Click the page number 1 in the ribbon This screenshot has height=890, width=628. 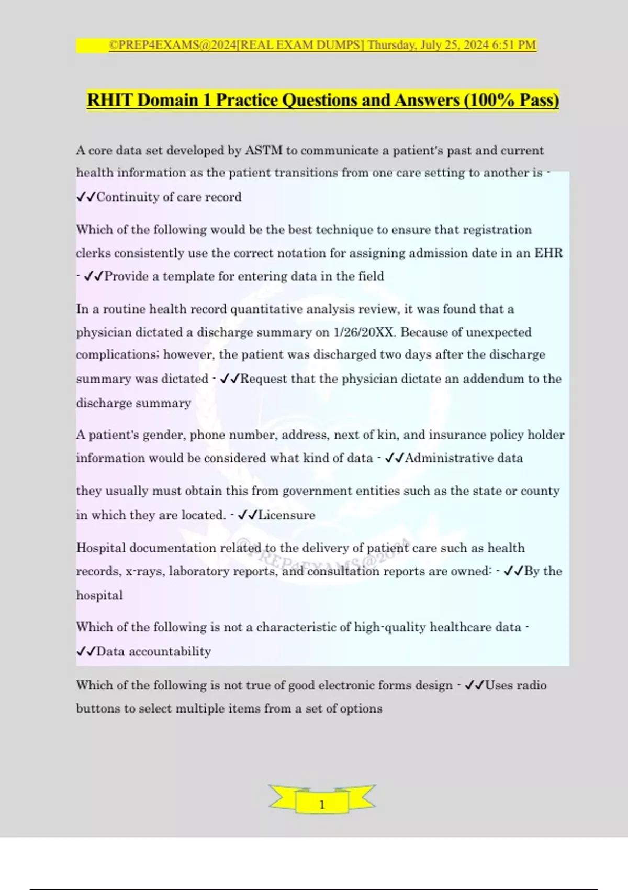click(x=322, y=805)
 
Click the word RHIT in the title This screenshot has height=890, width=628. click(x=110, y=100)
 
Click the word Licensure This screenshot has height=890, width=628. click(x=287, y=515)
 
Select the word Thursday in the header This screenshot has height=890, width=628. click(x=391, y=45)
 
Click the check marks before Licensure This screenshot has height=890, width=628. click(x=247, y=515)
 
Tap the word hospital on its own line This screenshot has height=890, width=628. click(x=99, y=596)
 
